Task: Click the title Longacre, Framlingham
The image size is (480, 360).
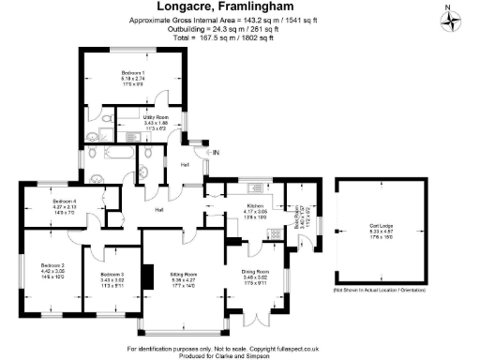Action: click(x=240, y=8)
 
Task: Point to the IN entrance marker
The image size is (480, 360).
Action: click(x=215, y=152)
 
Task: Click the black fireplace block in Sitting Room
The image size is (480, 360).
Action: click(x=147, y=277)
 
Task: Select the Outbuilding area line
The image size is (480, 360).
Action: click(x=240, y=28)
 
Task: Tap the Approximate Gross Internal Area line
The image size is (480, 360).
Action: click(x=240, y=20)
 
